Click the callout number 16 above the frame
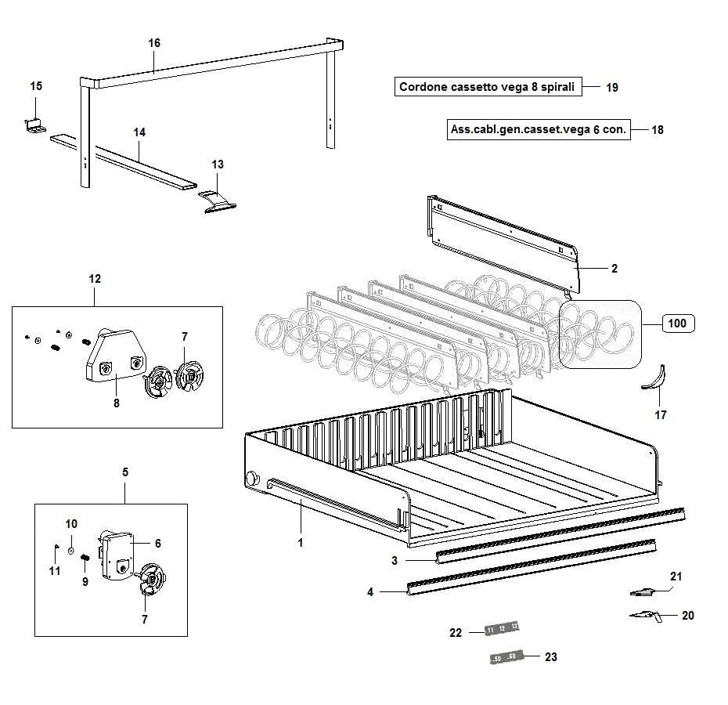154,43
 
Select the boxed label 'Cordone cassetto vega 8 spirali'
489,87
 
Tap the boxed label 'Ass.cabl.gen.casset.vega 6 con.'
539,129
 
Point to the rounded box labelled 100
678,323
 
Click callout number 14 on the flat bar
139,132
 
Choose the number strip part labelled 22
502,628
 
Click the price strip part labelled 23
503,657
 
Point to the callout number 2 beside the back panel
614,269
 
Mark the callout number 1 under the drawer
301,542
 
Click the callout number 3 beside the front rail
395,560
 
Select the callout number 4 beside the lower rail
370,592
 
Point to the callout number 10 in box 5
71,523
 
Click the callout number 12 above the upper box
95,278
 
